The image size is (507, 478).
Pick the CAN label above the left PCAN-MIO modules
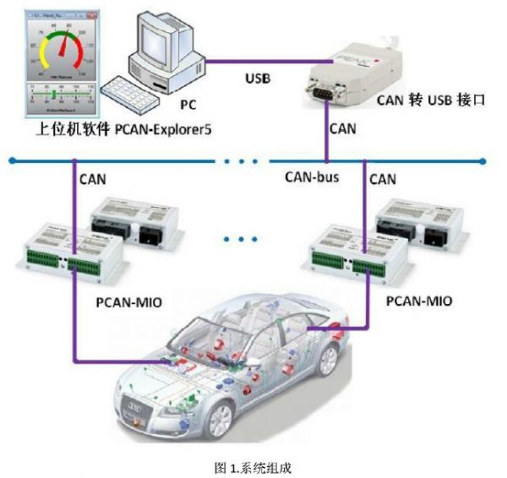click(94, 178)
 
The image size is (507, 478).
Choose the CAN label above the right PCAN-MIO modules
click(383, 178)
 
